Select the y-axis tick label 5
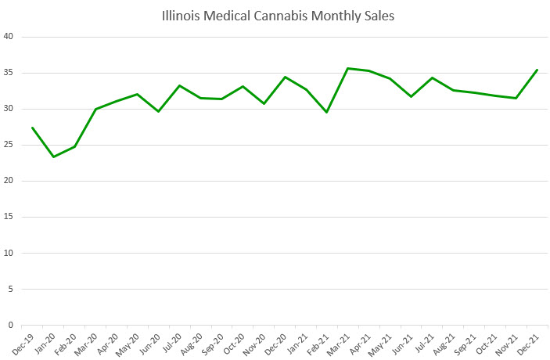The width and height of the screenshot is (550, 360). [11, 289]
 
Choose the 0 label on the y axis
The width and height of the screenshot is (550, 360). [11, 325]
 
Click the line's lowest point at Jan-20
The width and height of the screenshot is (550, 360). [53, 157]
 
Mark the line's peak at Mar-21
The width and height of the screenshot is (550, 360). [348, 68]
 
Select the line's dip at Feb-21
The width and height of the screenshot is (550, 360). [327, 112]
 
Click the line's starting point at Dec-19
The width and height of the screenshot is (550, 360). [32, 128]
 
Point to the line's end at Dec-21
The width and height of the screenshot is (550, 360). [537, 70]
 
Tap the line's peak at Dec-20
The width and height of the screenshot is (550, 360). [285, 77]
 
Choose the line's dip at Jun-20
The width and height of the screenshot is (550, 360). [159, 111]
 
